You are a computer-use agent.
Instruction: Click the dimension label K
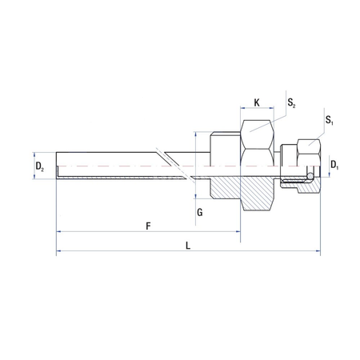[x=256, y=102]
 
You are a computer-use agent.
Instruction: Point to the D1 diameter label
[x=335, y=166]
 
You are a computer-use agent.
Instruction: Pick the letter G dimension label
[x=199, y=212]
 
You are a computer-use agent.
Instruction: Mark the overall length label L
[x=187, y=246]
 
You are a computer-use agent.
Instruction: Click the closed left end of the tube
[x=58, y=166]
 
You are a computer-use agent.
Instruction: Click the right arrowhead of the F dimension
[x=239, y=233]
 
